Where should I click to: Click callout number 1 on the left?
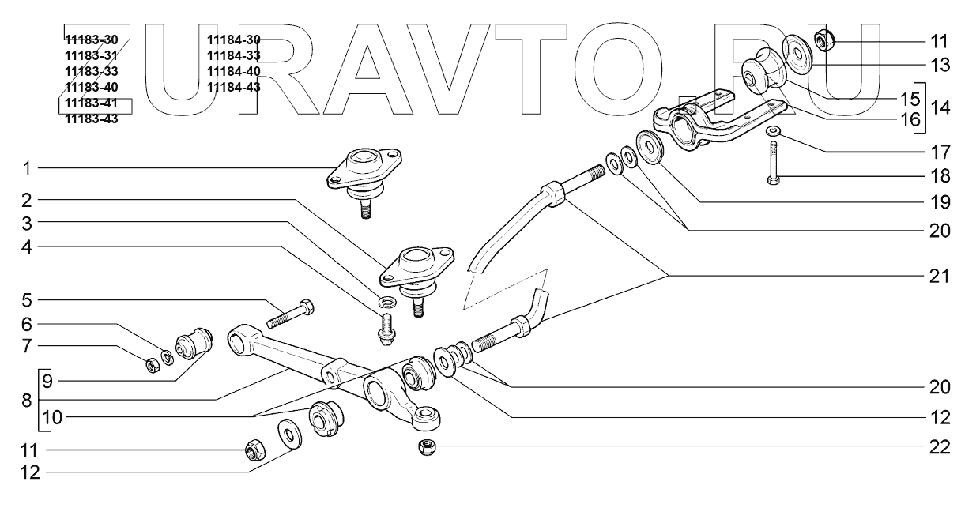coord(26,168)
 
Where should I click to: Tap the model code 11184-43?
coord(233,88)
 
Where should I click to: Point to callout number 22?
coord(939,446)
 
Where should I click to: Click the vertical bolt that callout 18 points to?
coord(772,165)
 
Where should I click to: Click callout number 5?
coord(26,301)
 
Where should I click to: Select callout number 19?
coord(939,202)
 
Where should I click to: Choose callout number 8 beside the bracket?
coord(26,401)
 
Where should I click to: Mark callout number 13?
coord(939,66)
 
